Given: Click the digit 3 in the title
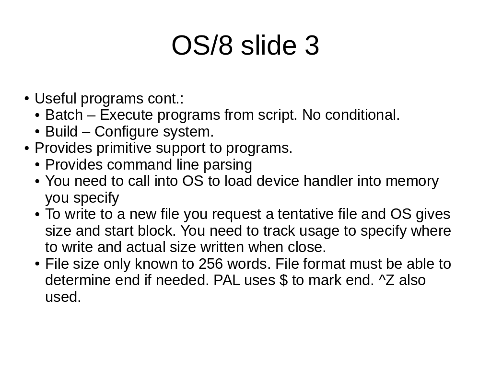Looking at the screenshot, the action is tap(311, 46).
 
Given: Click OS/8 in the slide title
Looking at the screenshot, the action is tap(202, 45).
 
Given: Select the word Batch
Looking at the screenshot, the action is tap(64, 115).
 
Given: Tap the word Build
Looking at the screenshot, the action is tap(61, 131).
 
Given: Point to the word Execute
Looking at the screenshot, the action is tap(129, 115).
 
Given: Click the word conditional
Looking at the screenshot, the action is tap(362, 115).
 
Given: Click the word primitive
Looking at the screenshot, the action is tap(124, 149).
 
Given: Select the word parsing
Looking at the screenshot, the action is tap(228, 165).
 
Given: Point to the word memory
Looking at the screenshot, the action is tap(412, 182).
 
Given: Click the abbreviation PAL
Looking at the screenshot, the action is tap(226, 280).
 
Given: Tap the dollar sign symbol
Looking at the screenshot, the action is tap(283, 280).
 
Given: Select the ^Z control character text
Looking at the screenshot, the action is tap(386, 280).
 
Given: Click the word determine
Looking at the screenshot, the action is tap(78, 280).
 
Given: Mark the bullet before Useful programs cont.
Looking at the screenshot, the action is tap(27, 99).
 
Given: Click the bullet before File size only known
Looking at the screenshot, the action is tap(37, 264).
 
